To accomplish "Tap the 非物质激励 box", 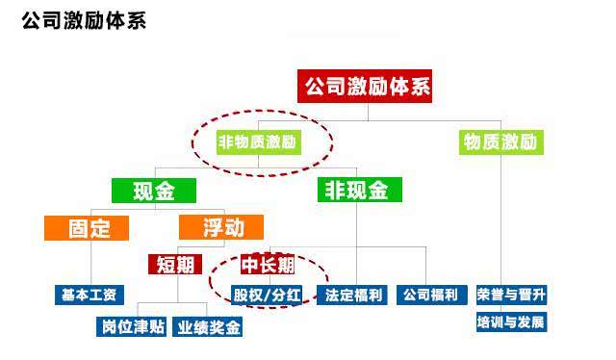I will pos(258,142).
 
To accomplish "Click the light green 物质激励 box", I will pos(499,142).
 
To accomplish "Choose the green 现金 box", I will pos(153,191).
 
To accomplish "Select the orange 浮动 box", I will pos(219,228).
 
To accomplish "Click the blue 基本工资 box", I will pos(90,294).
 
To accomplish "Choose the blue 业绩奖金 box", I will pos(208,327).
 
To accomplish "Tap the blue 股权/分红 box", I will pos(267,294).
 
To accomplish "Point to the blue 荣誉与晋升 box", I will pos(511,294).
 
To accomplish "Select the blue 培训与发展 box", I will pos(511,321).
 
